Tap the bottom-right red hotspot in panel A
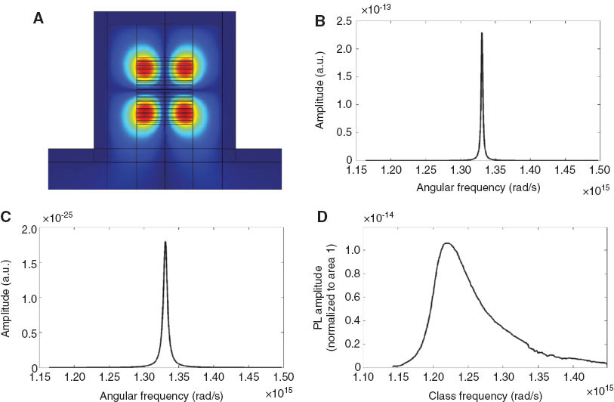185,113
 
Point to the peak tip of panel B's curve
481,33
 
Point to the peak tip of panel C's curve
165,242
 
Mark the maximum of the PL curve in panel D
447,243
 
